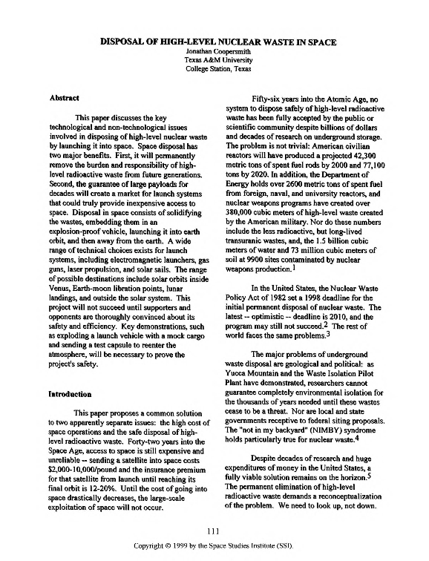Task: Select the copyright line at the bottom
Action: click(x=214, y=545)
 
